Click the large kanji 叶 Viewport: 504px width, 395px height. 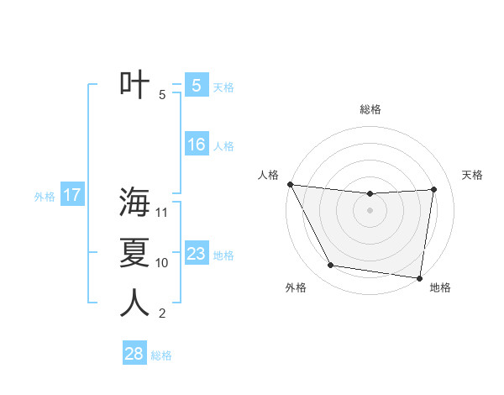pyautogui.click(x=134, y=85)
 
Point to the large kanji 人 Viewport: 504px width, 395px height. pyautogui.click(x=134, y=303)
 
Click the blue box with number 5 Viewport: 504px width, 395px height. pyautogui.click(x=196, y=85)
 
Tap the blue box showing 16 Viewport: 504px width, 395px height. pyautogui.click(x=196, y=145)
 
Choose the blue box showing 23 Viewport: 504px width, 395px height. pyautogui.click(x=196, y=254)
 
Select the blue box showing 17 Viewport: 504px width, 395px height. pyautogui.click(x=71, y=196)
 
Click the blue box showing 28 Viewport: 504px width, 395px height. pyautogui.click(x=134, y=354)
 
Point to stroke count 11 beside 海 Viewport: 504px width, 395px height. pyautogui.click(x=162, y=213)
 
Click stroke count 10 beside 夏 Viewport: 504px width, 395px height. pyautogui.click(x=162, y=263)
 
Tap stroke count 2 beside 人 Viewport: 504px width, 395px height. pyautogui.click(x=162, y=314)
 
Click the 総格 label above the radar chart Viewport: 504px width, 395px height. pyautogui.click(x=370, y=109)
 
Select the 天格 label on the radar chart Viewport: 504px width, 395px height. pyautogui.click(x=473, y=175)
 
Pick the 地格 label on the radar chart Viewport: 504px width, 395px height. pyautogui.click(x=440, y=287)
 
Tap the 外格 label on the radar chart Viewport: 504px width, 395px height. pyautogui.click(x=296, y=287)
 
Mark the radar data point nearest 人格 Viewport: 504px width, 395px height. pyautogui.click(x=290, y=184)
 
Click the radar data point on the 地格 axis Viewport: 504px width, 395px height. pyautogui.click(x=419, y=277)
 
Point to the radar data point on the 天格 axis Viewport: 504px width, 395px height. pyautogui.click(x=434, y=189)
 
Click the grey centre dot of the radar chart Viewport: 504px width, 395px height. pyautogui.click(x=370, y=210)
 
